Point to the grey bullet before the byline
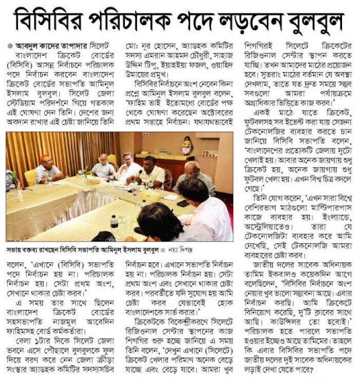(x=10, y=45)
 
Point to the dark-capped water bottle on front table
(x=115, y=224)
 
